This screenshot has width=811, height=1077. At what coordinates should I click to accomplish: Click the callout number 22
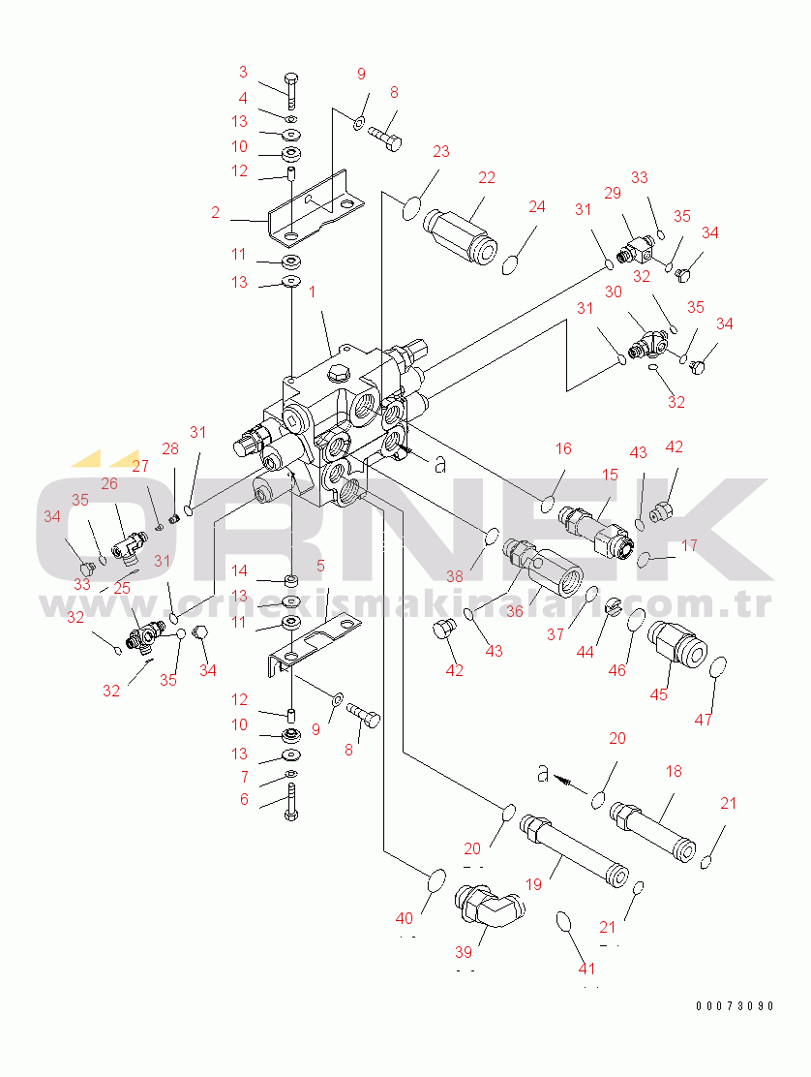click(486, 177)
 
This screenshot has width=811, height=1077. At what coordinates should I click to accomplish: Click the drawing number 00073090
click(735, 1005)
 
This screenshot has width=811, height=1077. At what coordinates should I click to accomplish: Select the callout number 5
click(320, 565)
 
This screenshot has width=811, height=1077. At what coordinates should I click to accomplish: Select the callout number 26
click(108, 483)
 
